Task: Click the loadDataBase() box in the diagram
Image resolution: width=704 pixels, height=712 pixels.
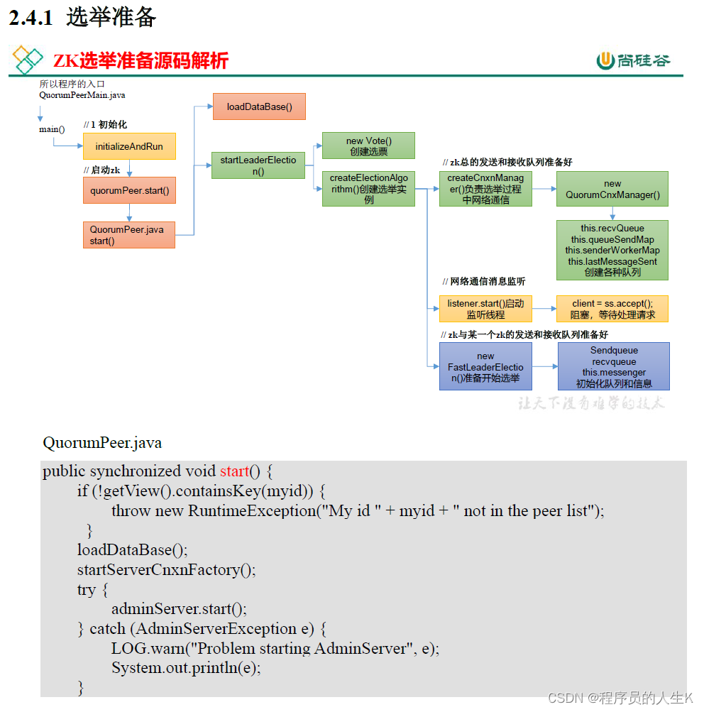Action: pos(259,106)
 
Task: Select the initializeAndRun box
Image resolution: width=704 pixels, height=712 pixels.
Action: pos(129,146)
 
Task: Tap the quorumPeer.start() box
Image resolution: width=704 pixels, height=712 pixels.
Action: pos(129,190)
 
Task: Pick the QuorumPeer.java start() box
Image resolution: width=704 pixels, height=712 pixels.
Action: pos(129,235)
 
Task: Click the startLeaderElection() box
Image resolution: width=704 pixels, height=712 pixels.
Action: pos(258,165)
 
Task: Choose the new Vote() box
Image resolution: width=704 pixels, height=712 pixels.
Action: pos(368,146)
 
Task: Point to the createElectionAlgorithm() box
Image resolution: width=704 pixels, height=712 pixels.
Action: pos(368,189)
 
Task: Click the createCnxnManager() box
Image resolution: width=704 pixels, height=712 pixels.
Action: pos(485,189)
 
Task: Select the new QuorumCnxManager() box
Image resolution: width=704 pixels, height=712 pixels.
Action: pos(612,189)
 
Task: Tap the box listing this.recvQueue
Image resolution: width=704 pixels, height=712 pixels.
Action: pos(612,250)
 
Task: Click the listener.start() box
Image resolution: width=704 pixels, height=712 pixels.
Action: pos(485,309)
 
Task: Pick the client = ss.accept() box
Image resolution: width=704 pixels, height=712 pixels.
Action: pos(612,309)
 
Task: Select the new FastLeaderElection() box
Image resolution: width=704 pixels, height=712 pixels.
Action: pos(485,366)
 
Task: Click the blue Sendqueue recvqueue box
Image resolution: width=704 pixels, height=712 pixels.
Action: pos(614,366)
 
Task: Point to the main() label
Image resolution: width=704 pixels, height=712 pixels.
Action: pos(52,129)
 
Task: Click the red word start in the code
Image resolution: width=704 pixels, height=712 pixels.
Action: pos(234,471)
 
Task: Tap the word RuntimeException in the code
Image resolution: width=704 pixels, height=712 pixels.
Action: pos(252,511)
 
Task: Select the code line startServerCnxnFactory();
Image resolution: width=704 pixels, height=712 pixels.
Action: pos(167,570)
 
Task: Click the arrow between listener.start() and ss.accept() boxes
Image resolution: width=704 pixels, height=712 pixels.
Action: pos(544,309)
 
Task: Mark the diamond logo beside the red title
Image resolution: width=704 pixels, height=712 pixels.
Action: pos(28,60)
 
